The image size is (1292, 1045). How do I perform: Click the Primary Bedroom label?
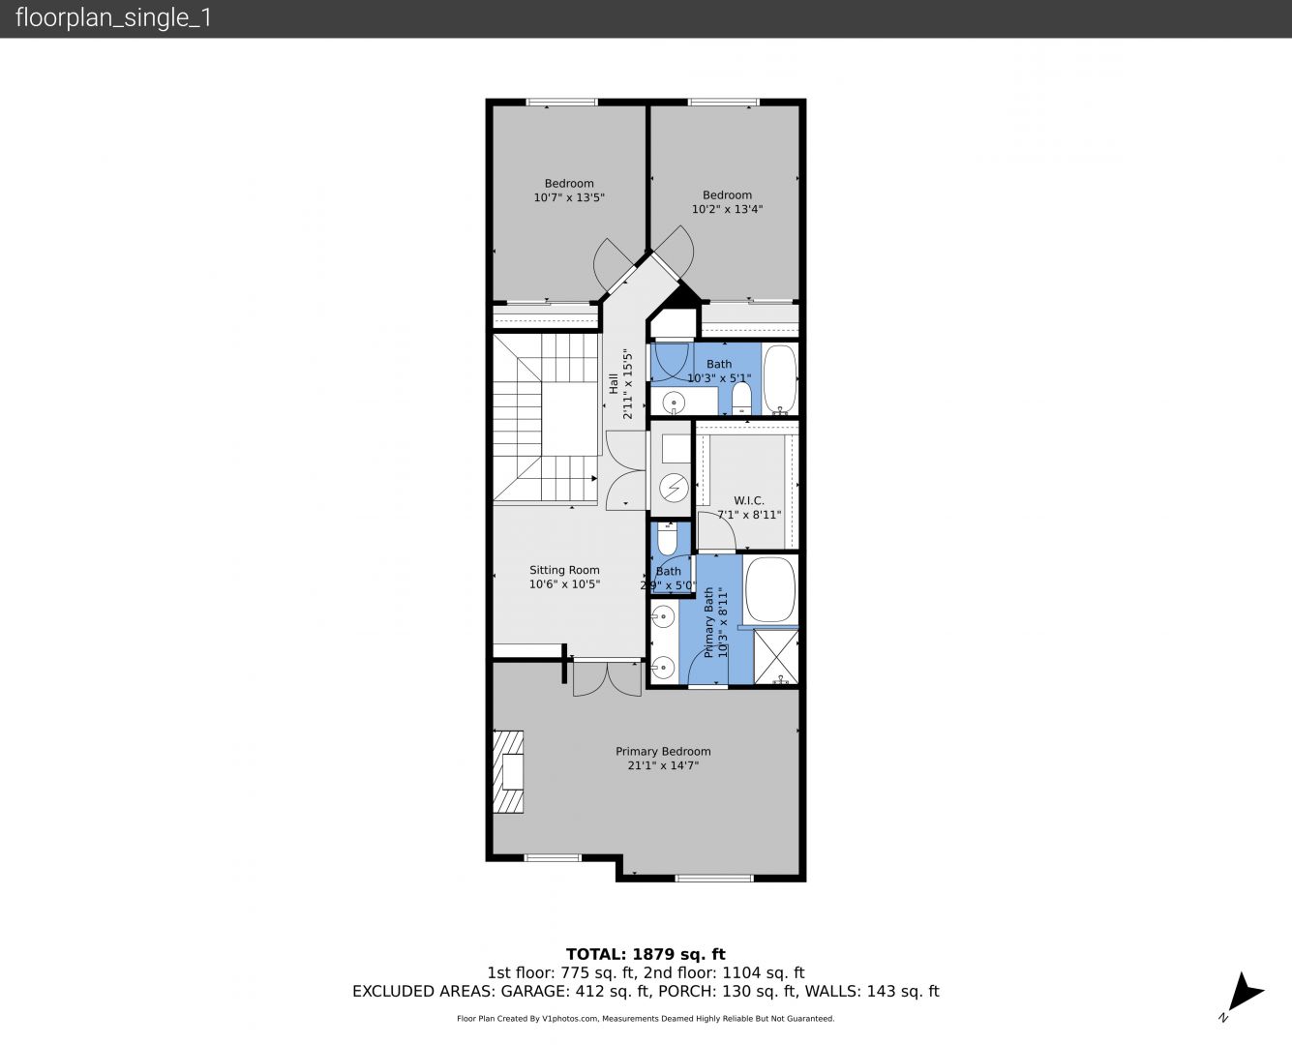point(663,751)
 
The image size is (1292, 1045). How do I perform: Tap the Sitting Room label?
point(564,570)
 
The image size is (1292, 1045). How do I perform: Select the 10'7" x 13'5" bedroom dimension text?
point(569,197)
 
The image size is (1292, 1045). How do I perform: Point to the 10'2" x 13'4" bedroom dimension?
point(727,209)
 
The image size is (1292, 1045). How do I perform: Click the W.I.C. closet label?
point(748,500)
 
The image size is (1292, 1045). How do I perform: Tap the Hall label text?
point(614,383)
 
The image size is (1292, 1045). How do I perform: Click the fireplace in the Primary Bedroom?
point(508,771)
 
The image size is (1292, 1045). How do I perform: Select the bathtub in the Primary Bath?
point(769,589)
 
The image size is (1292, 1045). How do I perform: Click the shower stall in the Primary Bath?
point(776,657)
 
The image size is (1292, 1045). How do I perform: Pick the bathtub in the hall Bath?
point(779,379)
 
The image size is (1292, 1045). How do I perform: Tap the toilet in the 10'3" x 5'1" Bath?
point(741,398)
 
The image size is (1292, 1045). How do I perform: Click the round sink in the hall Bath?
point(674,403)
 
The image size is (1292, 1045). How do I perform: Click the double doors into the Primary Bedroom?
point(607,678)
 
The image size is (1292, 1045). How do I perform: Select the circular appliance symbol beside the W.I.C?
point(674,488)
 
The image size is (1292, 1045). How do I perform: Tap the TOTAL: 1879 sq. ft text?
point(646,954)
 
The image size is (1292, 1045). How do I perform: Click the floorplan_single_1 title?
point(113,18)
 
